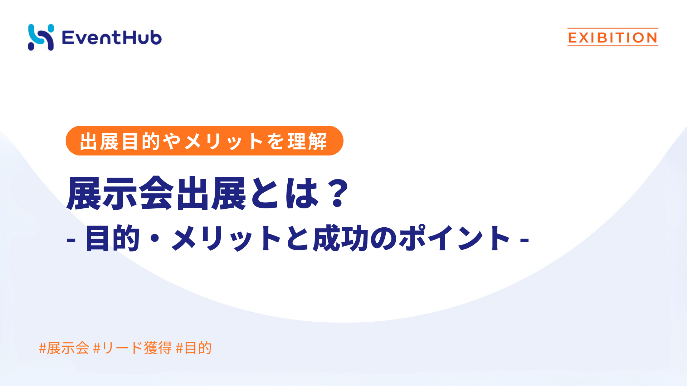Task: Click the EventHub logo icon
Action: click(41, 37)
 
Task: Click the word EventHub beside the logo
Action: click(112, 38)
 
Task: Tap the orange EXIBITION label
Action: click(613, 37)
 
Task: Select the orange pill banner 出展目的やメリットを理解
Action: click(204, 140)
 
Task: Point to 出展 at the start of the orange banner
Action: click(99, 141)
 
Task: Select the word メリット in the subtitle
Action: click(227, 238)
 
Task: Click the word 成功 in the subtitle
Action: click(341, 238)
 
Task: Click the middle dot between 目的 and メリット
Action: click(156, 239)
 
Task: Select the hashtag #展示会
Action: click(64, 348)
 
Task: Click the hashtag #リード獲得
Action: click(132, 348)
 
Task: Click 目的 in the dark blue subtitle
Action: click(112, 238)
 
